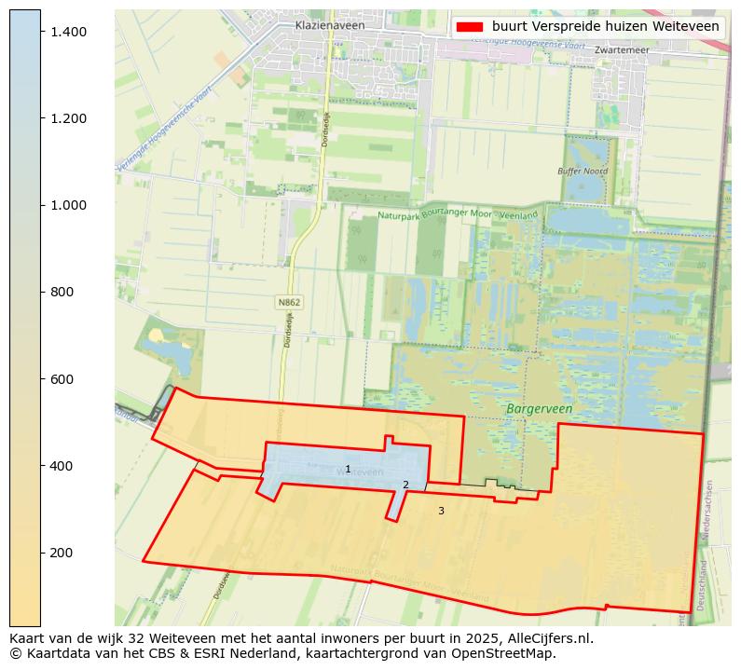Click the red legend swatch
[471, 27]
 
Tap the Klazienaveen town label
[330, 26]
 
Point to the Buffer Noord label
[582, 171]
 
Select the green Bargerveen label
[539, 409]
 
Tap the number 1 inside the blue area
[348, 470]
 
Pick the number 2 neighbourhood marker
[405, 485]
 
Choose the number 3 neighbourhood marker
[441, 511]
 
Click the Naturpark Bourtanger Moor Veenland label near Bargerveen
[458, 215]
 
